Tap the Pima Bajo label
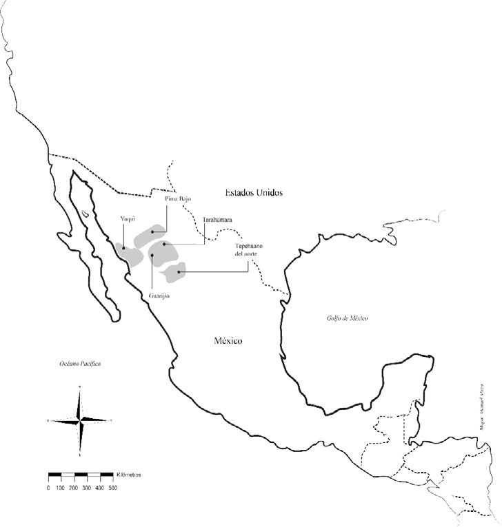tap(177, 198)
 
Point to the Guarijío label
tap(159, 296)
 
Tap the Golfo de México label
tap(348, 318)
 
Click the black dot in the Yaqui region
tap(123, 248)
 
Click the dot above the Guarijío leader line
tap(151, 255)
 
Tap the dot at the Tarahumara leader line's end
tap(164, 244)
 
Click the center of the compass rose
tap(80, 420)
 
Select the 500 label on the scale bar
tap(112, 488)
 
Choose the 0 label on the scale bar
tap(48, 488)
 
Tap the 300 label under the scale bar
tap(86, 488)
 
